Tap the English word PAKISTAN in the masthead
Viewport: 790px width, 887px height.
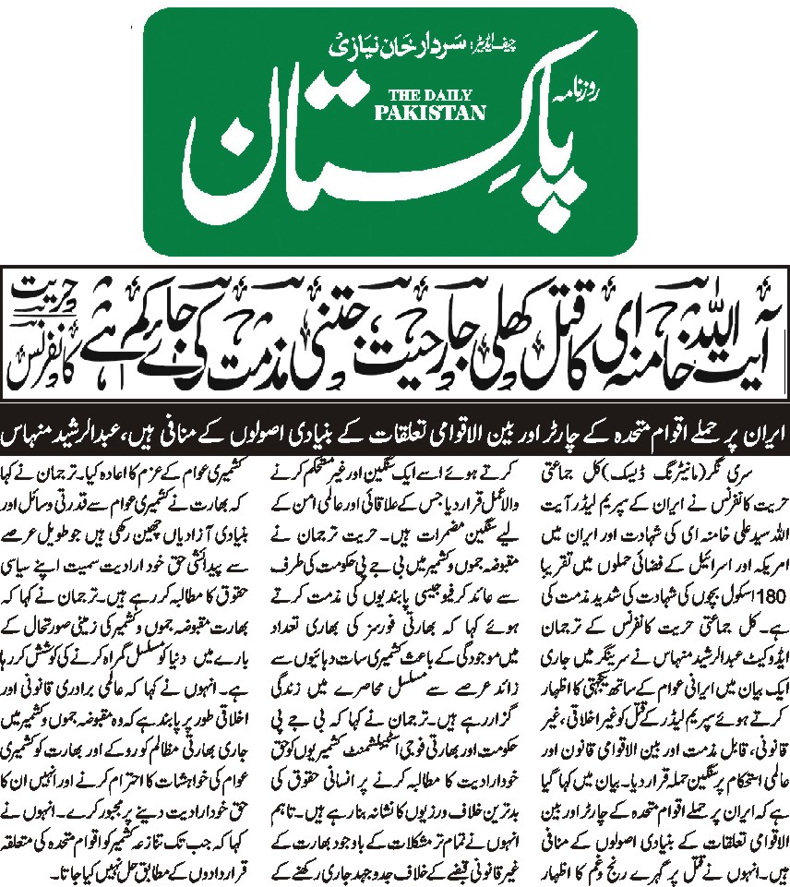point(418,113)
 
